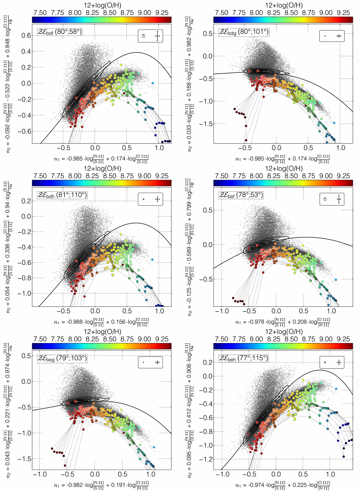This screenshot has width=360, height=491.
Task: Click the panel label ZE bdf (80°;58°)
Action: point(59,32)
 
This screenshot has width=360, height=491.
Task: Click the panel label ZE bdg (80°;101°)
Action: point(244,32)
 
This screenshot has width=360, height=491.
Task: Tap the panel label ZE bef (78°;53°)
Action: point(241,195)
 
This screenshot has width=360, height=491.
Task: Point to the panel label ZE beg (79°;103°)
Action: point(62,358)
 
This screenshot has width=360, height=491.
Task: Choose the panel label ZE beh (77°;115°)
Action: point(243,358)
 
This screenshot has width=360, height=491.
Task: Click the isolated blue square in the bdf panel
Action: point(153,83)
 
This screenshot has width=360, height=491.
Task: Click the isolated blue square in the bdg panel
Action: point(334,123)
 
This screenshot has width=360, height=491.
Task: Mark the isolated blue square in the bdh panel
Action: point(152,259)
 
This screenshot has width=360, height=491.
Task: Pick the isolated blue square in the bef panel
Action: point(336,280)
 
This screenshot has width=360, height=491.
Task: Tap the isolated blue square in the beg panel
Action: point(154,447)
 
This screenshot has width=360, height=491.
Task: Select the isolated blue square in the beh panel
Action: point(336,389)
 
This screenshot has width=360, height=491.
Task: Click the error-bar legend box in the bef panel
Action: point(332,199)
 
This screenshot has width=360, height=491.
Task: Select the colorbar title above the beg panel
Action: point(102,332)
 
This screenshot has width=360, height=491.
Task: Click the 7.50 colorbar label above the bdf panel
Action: point(40,13)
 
